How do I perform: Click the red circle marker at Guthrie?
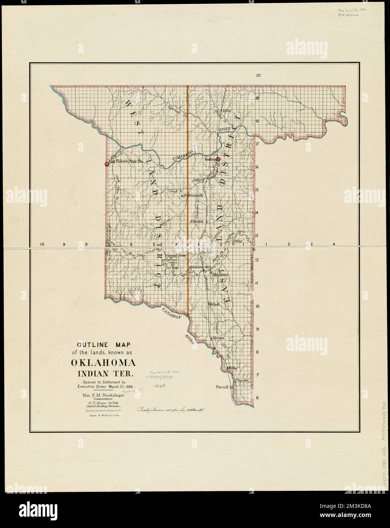point(218,160)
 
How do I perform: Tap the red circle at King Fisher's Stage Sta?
point(107,164)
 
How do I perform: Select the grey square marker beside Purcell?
point(231,387)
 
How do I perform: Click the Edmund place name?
point(197,221)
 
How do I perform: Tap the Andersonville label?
point(193,195)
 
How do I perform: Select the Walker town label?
point(232,368)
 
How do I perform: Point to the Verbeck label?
point(214,304)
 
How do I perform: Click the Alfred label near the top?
point(227,111)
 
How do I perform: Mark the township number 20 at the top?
point(258,76)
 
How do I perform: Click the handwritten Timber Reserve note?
point(170,410)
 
